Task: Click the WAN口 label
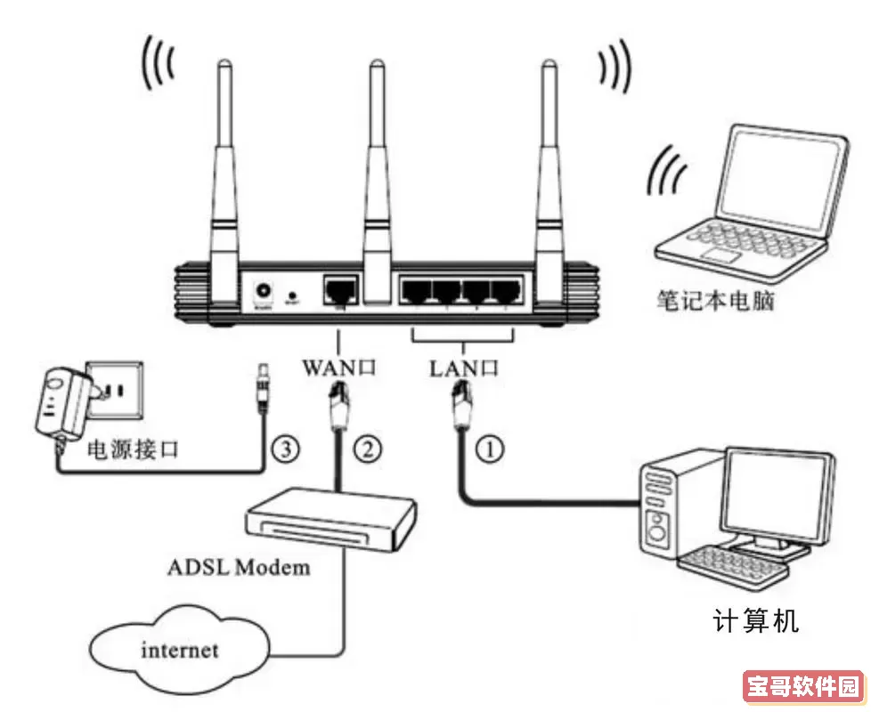click(x=339, y=366)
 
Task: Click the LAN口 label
click(x=463, y=366)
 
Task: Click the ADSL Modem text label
click(x=239, y=567)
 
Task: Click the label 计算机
click(x=756, y=620)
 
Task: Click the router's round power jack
click(x=265, y=291)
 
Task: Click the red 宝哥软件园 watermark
click(x=802, y=687)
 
